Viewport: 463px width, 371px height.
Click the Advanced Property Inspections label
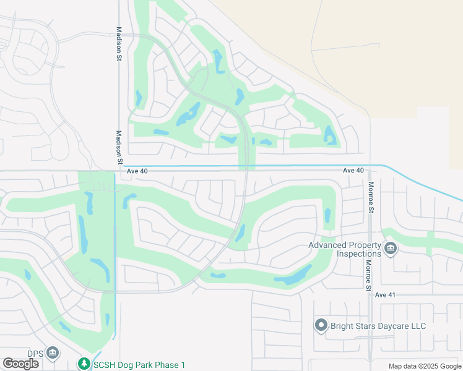[345, 249]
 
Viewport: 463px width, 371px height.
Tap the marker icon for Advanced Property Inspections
[391, 249]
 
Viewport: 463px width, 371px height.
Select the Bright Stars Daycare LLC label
[378, 325]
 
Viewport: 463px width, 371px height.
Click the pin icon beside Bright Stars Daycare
[321, 325]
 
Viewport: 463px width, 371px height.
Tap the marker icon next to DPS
[53, 353]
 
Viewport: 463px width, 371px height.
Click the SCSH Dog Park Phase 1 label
[139, 365]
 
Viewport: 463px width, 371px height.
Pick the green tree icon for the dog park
[84, 364]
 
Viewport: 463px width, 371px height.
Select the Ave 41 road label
[384, 295]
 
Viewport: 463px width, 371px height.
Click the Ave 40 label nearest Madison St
[137, 171]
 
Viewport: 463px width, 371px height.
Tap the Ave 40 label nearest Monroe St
[353, 170]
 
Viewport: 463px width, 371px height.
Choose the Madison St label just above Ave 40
[119, 147]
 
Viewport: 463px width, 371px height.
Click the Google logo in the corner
[21, 364]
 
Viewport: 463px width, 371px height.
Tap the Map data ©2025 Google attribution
[425, 366]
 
